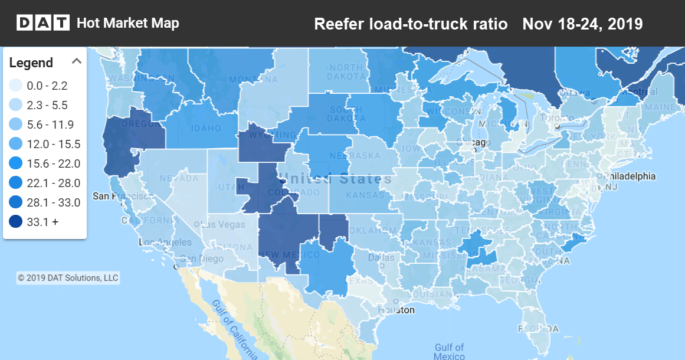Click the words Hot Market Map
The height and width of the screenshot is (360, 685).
pyautogui.click(x=127, y=23)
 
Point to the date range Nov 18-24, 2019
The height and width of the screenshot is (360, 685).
pyautogui.click(x=582, y=24)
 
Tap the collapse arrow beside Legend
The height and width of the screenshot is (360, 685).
pyautogui.click(x=76, y=61)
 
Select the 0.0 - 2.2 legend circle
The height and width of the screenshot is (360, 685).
pyautogui.click(x=16, y=86)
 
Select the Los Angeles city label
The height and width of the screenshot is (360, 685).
pyautogui.click(x=165, y=242)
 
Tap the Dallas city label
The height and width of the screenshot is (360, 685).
pyautogui.click(x=381, y=257)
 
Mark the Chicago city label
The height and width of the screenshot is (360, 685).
pyautogui.click(x=473, y=142)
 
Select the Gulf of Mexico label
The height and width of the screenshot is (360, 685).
pyautogui.click(x=449, y=352)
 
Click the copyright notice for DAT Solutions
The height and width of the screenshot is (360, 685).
pyautogui.click(x=68, y=277)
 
